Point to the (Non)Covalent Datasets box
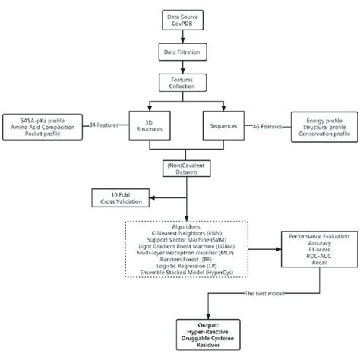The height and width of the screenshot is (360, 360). (179, 168)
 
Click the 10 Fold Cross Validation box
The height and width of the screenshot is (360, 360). (121, 196)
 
